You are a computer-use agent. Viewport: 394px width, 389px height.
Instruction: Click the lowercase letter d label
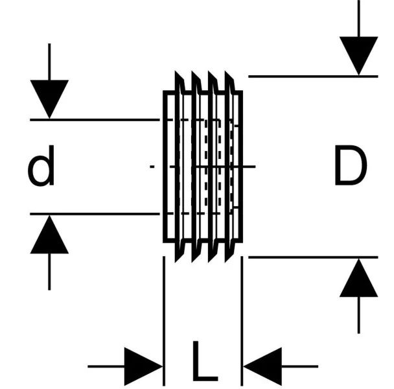pyautogui.click(x=41, y=168)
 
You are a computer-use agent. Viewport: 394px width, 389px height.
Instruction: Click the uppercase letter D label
pyautogui.click(x=350, y=167)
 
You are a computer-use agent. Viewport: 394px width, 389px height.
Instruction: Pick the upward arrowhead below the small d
pyautogui.click(x=49, y=235)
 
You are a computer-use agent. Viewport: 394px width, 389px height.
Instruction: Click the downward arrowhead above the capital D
pyautogui.click(x=358, y=56)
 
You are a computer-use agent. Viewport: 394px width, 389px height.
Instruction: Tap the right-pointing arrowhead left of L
pyautogui.click(x=143, y=366)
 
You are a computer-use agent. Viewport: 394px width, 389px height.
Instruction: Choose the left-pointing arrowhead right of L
pyautogui.click(x=262, y=366)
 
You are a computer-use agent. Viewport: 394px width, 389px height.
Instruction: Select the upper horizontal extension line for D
pyautogui.click(x=311, y=77)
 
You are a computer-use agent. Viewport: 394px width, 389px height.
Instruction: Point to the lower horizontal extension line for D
pyautogui.click(x=311, y=257)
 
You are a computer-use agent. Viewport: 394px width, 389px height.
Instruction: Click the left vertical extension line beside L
pyautogui.click(x=164, y=311)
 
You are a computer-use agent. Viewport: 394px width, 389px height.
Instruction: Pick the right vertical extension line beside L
pyautogui.click(x=242, y=311)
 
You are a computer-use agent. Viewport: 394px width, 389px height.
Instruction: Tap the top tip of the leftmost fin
pyautogui.click(x=177, y=73)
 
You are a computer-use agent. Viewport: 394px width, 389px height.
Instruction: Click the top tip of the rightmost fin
pyautogui.click(x=227, y=73)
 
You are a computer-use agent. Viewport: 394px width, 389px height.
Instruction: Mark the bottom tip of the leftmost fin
pyautogui.click(x=177, y=260)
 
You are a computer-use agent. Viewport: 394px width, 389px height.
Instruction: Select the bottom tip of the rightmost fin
pyautogui.click(x=227, y=260)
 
